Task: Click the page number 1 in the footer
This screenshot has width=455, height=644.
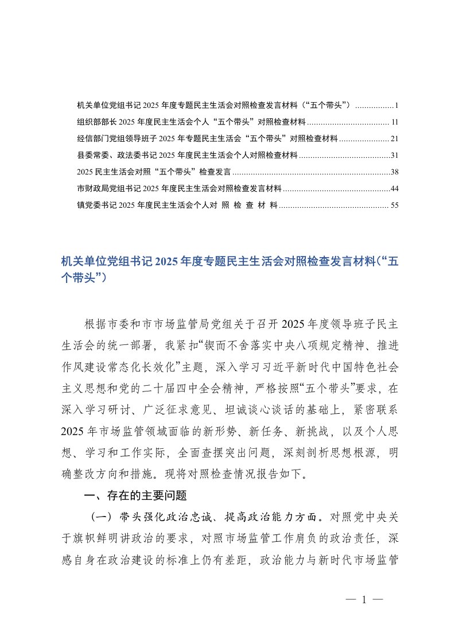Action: (x=364, y=600)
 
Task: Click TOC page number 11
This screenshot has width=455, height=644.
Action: (x=395, y=122)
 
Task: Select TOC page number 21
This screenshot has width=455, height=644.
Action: (x=394, y=139)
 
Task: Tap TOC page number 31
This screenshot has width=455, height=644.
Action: (x=394, y=155)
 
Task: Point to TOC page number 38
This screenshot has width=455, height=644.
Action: (x=394, y=172)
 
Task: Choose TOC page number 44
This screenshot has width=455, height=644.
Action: (x=394, y=188)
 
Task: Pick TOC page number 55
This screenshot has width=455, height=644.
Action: (x=394, y=205)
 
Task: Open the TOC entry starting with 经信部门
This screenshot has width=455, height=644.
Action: (x=207, y=139)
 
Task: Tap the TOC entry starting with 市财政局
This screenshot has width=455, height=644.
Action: (x=178, y=188)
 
